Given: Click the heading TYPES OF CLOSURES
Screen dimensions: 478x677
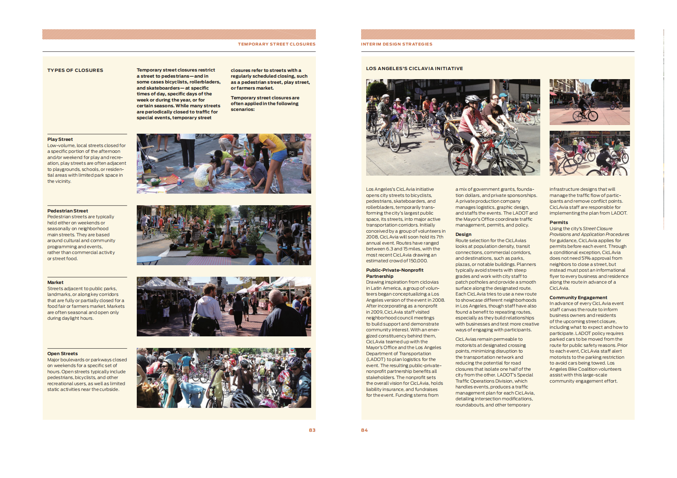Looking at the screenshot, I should tap(75, 70).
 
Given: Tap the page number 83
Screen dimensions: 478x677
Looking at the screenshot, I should tap(312, 430).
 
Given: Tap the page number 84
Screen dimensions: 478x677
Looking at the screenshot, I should tap(364, 430).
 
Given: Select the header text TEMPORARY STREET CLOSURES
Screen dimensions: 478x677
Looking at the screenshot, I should tap(276, 44).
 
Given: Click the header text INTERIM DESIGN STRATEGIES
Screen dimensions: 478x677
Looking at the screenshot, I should tap(397, 44).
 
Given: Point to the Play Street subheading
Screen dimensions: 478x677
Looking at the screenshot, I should tap(60, 139).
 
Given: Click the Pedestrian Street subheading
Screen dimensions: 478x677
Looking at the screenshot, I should tap(68, 211).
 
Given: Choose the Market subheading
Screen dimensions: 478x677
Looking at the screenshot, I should tap(55, 283).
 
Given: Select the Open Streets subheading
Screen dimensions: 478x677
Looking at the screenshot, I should tap(63, 354).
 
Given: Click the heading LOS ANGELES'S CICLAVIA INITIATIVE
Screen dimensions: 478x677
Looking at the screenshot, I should tap(414, 69).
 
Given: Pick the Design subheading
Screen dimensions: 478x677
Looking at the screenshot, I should tap(464, 234).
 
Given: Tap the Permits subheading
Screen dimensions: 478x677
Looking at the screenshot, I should tap(559, 223).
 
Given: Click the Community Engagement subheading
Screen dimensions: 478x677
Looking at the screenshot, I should tap(578, 298).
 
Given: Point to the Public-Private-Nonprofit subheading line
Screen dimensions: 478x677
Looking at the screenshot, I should tap(394, 270).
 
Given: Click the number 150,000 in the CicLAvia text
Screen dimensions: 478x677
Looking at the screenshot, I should tap(418, 261).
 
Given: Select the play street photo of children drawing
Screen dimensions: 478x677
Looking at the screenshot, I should tap(224, 164).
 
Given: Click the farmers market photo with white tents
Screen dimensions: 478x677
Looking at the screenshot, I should tap(224, 307).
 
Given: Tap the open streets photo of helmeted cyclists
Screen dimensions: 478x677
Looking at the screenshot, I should tap(224, 378).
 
